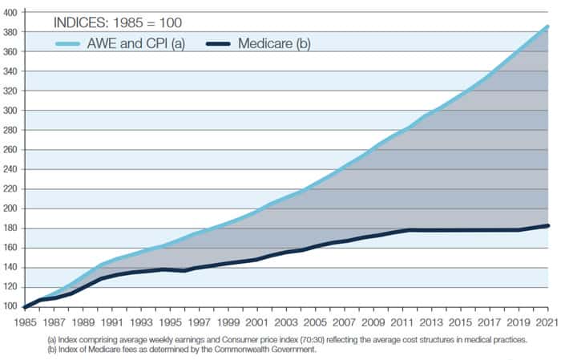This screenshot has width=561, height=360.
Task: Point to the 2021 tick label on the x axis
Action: click(547, 322)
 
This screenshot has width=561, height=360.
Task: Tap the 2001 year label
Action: click(256, 322)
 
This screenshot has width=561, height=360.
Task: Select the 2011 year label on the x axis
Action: click(402, 322)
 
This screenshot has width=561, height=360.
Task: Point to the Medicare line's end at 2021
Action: click(547, 226)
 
